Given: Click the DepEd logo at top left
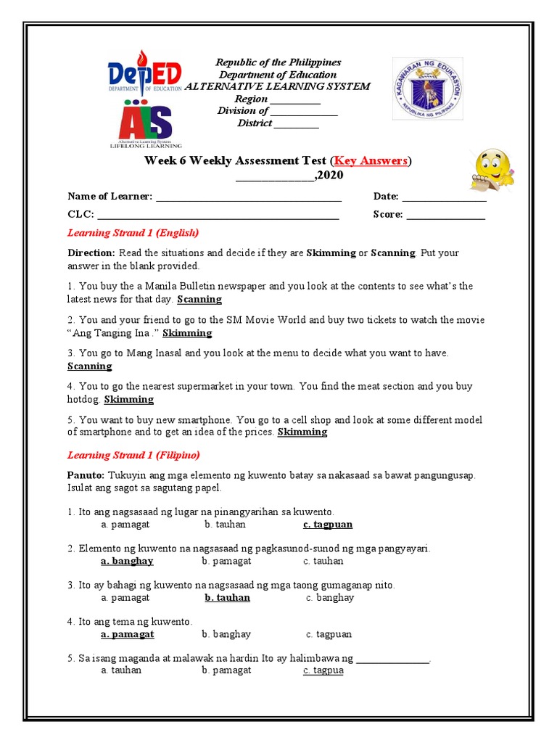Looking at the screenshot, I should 146,76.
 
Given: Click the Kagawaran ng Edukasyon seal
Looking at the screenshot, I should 428,89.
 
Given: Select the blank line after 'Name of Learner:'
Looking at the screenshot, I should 248,197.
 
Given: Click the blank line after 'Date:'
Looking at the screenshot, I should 443,197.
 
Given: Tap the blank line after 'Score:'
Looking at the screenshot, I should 445,214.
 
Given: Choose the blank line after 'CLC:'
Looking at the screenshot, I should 218,214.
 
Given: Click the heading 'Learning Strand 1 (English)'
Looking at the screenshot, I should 133,233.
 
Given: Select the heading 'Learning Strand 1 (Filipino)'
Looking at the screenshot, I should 133,455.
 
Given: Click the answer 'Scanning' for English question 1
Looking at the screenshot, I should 199,299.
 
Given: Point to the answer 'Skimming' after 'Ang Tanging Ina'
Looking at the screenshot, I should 187,333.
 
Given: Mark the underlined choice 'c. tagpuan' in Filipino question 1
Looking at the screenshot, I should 328,524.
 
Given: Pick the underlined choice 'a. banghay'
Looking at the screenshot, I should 127,561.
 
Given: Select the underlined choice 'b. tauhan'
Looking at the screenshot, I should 227,597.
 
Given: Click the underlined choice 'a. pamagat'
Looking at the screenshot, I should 128,633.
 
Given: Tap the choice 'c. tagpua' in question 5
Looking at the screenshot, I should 323,670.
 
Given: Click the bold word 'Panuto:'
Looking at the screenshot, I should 86,475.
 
